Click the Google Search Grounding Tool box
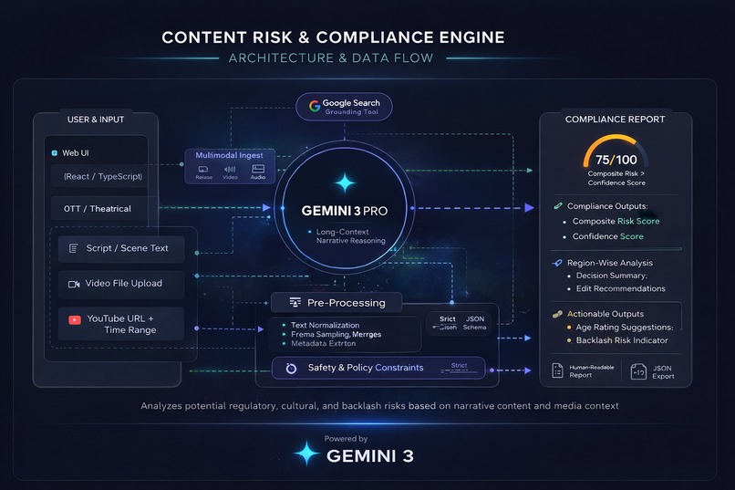pos(344,107)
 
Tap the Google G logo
pos(315,104)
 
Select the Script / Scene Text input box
pos(121,248)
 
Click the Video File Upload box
pos(121,284)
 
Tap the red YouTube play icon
pos(74,319)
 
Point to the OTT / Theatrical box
pos(98,209)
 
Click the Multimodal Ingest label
pos(229,156)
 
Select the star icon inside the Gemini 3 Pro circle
pos(345,183)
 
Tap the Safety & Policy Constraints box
pos(378,368)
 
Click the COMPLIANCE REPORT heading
pos(615,119)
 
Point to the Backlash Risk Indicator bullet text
pos(622,340)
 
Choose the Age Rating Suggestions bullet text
pos(624,327)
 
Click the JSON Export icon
pos(639,370)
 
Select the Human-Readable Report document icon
pos(556,370)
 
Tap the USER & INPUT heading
pos(97,120)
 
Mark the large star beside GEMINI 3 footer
pos(306,454)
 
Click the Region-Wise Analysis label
pos(610,263)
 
